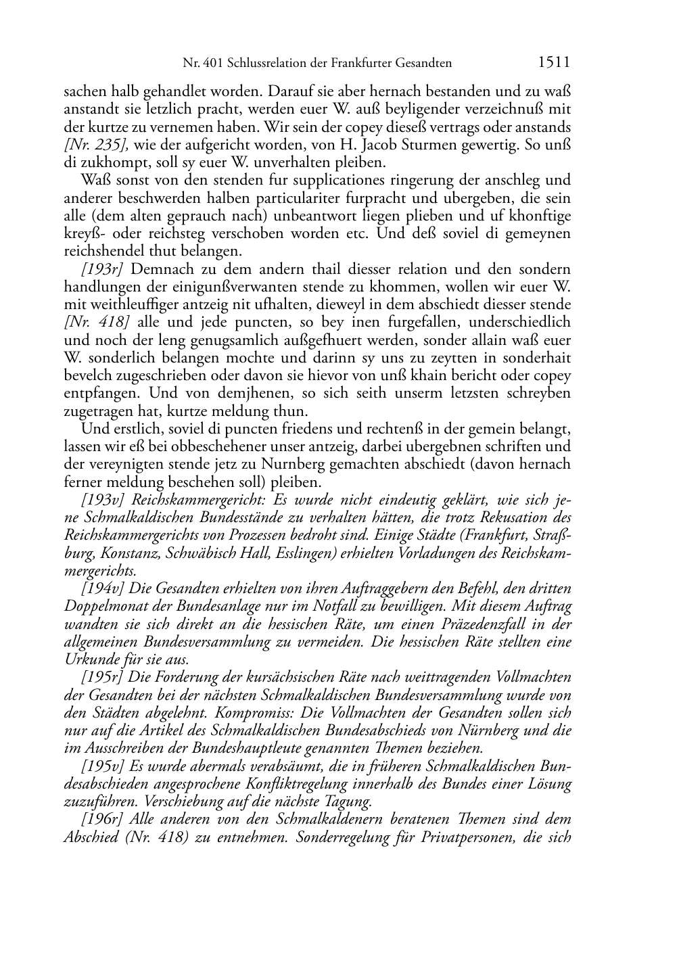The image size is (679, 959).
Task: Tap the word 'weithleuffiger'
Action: [x=131, y=304]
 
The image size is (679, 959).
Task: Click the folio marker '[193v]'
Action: [x=101, y=500]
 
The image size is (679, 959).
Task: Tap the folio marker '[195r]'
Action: [x=101, y=677]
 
